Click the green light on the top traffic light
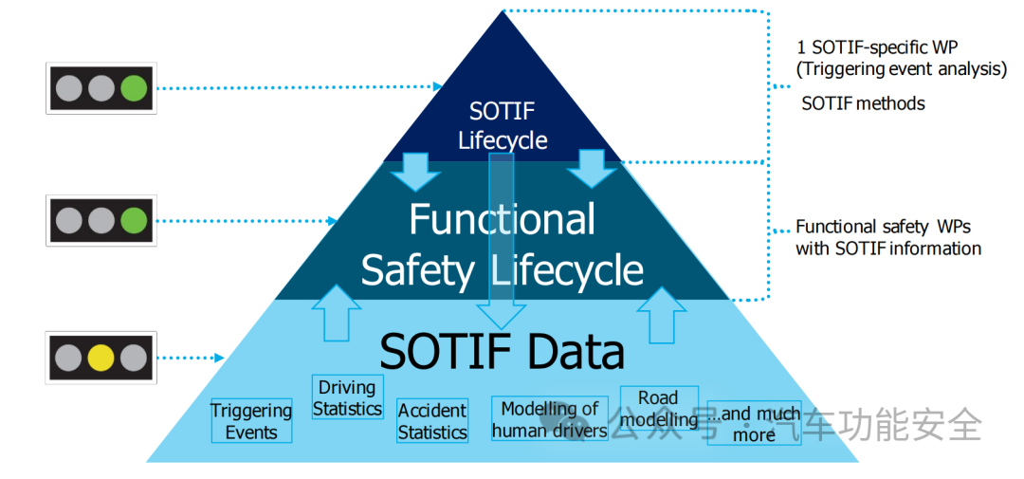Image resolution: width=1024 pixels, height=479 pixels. [x=132, y=88]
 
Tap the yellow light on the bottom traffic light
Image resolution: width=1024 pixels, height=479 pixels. [x=101, y=358]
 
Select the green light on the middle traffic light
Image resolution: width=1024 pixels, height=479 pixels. [x=132, y=222]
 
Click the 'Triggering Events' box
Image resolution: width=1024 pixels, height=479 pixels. [x=251, y=421]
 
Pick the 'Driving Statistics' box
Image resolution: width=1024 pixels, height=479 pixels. [x=347, y=397]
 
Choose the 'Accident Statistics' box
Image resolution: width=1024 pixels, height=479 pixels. [x=432, y=421]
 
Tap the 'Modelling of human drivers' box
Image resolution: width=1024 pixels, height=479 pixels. [x=550, y=419]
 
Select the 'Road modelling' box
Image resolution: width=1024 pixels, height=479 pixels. [x=659, y=409]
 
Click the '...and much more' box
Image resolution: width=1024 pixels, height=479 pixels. [x=755, y=424]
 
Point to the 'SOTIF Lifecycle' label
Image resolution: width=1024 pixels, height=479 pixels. [x=503, y=126]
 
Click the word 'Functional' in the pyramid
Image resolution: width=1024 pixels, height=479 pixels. [x=503, y=219]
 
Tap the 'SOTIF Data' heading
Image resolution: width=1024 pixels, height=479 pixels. [x=503, y=352]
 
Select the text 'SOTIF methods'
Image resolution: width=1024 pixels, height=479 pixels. [x=863, y=103]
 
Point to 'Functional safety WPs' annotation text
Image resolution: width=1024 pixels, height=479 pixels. [x=883, y=227]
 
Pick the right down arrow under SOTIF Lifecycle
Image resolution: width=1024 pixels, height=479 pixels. [x=593, y=169]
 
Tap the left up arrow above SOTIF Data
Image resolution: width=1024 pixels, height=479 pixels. [x=337, y=312]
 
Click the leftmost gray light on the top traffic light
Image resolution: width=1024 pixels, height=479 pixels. [x=69, y=88]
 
